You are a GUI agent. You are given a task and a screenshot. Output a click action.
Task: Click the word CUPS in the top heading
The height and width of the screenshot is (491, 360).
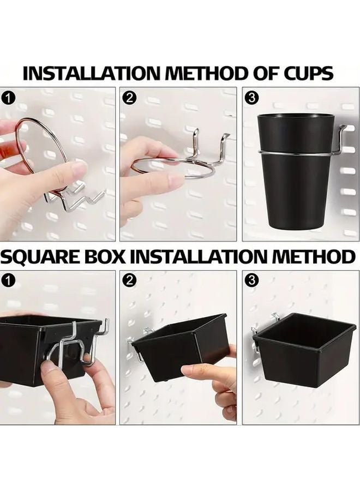click(308, 73)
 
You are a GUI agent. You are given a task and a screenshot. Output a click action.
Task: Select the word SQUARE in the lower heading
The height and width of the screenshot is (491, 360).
click(38, 257)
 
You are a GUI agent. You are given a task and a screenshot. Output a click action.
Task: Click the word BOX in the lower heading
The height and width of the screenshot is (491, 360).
click(103, 257)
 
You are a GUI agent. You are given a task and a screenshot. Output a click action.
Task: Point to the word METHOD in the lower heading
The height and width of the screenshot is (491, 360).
click(313, 257)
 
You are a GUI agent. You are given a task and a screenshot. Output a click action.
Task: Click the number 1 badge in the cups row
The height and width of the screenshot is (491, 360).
click(8, 98)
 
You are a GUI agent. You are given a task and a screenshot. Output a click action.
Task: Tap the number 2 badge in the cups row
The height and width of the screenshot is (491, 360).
click(129, 98)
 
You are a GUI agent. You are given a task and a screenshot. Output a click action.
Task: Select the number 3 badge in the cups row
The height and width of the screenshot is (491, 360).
click(253, 98)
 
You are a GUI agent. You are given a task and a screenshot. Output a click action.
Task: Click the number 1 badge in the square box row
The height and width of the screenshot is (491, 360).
click(8, 280)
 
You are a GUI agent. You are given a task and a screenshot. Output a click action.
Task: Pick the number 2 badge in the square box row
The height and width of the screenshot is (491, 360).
click(129, 280)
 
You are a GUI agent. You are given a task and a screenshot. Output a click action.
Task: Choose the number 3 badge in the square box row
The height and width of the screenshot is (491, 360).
click(253, 280)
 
